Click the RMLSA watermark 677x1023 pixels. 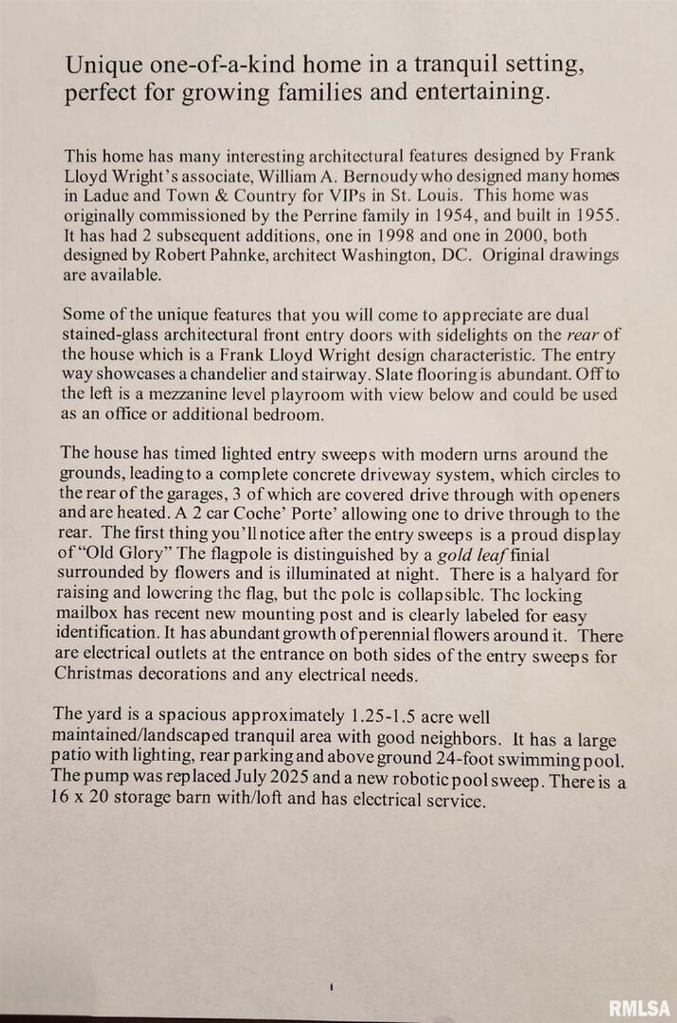(639, 1008)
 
